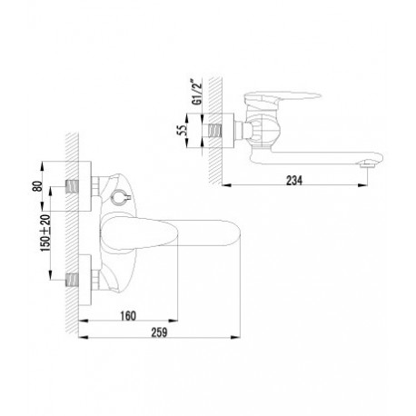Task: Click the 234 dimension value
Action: click(294, 181)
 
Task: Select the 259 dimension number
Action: click(159, 332)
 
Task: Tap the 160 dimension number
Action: click(128, 316)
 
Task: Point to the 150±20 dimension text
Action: click(45, 233)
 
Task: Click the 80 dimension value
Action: click(37, 186)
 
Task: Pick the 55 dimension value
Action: click(182, 131)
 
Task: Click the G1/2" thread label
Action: click(197, 92)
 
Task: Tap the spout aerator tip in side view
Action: click(367, 164)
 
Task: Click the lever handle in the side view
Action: click(282, 96)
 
